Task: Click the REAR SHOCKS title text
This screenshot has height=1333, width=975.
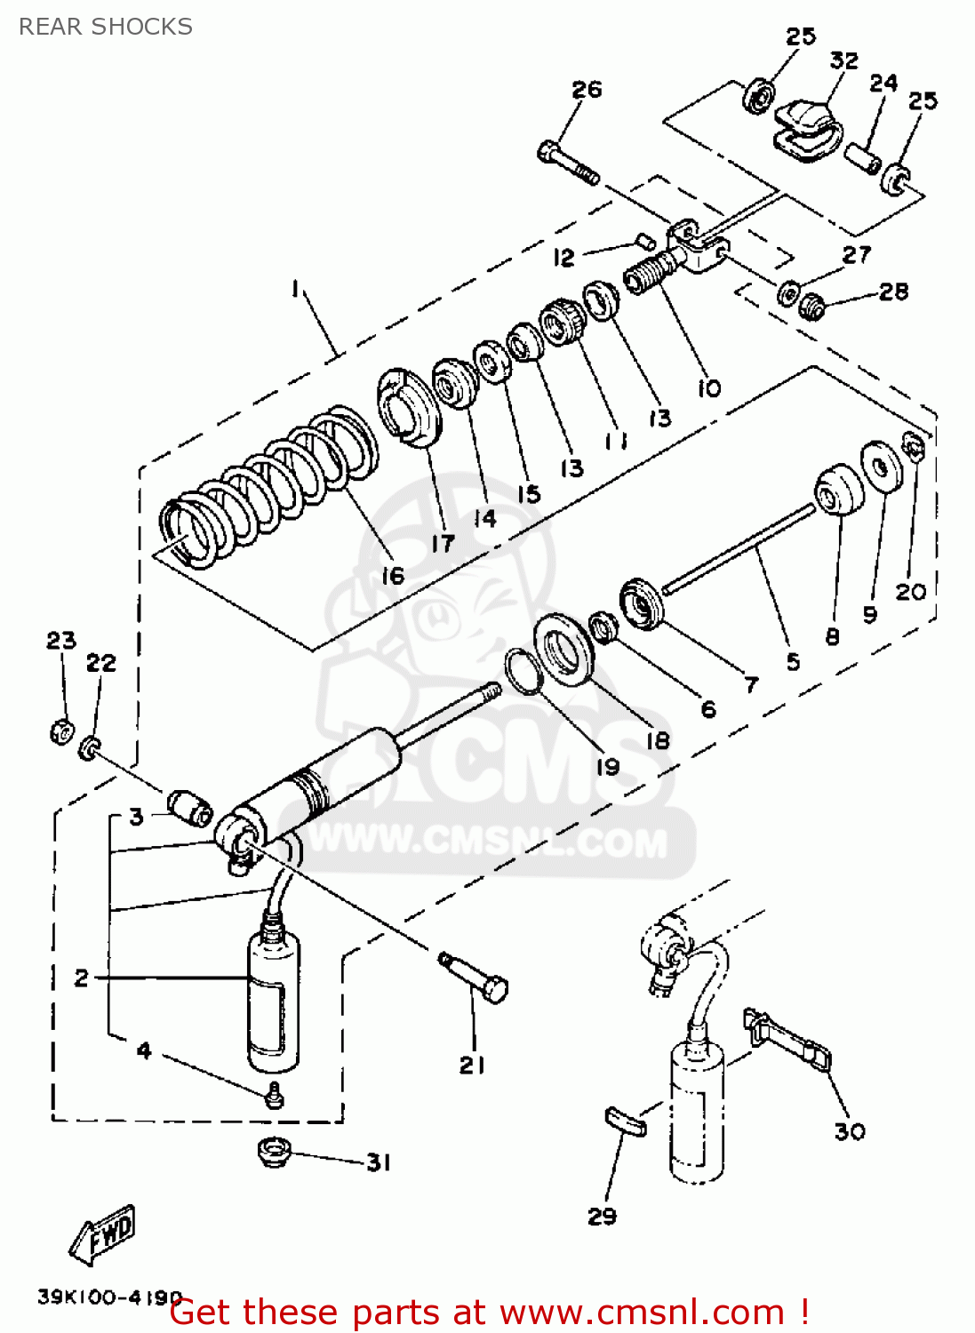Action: pyautogui.click(x=105, y=27)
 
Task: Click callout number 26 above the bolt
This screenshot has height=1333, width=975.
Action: pyautogui.click(x=587, y=89)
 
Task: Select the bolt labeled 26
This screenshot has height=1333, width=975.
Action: pyautogui.click(x=568, y=163)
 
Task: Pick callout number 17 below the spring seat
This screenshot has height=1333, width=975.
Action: pyautogui.click(x=443, y=543)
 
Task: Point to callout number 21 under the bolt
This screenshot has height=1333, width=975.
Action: pyautogui.click(x=472, y=1065)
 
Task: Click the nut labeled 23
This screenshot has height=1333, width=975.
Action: pyautogui.click(x=60, y=731)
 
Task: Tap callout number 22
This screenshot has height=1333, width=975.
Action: pyautogui.click(x=100, y=663)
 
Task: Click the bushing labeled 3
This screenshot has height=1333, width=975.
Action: pyautogui.click(x=190, y=807)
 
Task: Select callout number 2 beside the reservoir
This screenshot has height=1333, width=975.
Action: pyautogui.click(x=82, y=978)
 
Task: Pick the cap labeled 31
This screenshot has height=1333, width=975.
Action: pyautogui.click(x=274, y=1153)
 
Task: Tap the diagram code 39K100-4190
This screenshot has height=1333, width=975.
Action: pyautogui.click(x=109, y=1297)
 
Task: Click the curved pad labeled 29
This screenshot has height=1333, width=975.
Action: pyautogui.click(x=626, y=1121)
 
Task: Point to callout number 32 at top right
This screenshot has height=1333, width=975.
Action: pyautogui.click(x=843, y=60)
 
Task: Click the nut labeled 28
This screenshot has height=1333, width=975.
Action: pyautogui.click(x=811, y=307)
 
